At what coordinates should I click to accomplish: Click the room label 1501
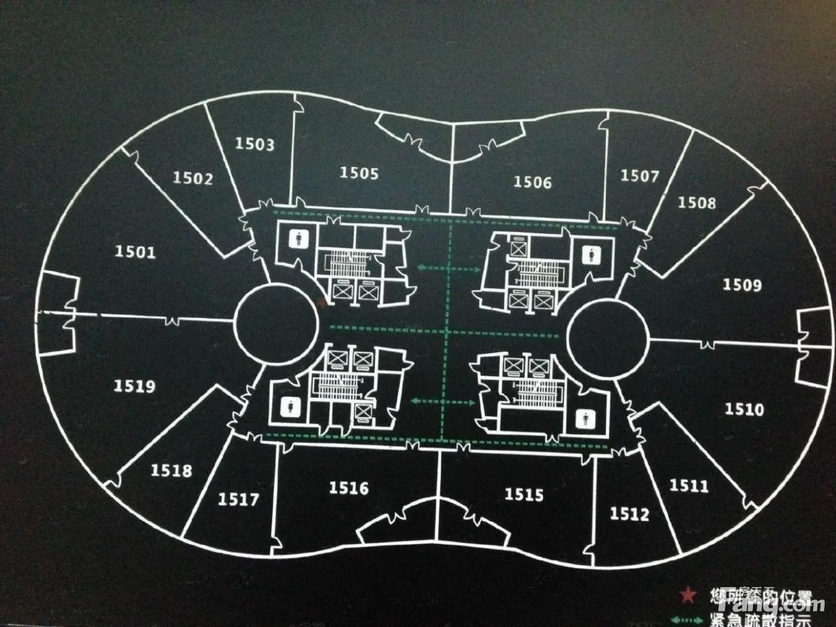tap(135, 251)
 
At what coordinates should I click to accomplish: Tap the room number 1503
tap(254, 144)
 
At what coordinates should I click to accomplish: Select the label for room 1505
tap(359, 173)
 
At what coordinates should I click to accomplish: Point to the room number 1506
tap(533, 182)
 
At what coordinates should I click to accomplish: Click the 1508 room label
tap(696, 203)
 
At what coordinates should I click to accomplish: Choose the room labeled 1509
tap(742, 284)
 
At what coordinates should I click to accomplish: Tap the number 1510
tap(744, 409)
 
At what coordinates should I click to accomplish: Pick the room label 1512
tap(629, 514)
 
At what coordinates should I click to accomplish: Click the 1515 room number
tap(524, 494)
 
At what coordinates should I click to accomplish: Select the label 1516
tap(349, 488)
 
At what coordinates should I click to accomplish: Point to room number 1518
tap(171, 471)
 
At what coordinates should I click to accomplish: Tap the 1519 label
tap(134, 386)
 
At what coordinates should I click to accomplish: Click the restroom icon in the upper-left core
tap(297, 239)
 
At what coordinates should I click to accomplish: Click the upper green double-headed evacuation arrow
tap(449, 269)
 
